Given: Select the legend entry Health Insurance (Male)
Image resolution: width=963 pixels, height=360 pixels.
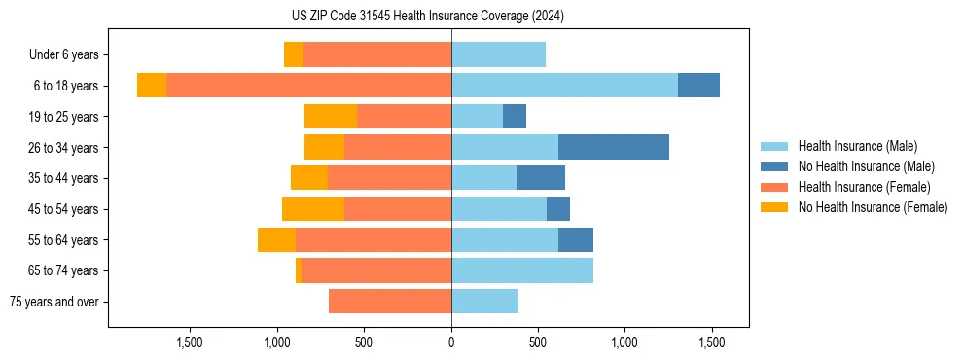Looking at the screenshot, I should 857,146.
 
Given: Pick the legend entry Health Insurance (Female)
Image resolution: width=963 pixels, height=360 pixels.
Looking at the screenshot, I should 864,187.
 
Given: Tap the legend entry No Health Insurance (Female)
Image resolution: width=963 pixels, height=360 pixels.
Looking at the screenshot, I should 873,207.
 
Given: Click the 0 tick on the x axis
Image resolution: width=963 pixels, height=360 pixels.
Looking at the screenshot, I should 451,342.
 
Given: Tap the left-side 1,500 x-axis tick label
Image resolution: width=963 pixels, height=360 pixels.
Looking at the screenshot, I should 190,342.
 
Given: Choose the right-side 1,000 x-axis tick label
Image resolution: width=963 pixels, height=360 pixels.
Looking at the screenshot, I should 624,342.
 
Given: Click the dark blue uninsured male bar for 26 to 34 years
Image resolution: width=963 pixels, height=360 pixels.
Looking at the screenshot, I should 614,147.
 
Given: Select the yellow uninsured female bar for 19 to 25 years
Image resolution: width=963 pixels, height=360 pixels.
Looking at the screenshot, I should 331,117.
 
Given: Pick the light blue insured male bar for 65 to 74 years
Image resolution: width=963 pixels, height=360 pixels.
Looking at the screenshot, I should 522,270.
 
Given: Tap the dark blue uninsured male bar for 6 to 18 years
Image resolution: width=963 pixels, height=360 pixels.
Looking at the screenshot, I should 698,86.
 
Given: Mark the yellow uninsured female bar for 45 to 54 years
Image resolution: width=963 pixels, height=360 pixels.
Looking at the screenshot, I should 313,209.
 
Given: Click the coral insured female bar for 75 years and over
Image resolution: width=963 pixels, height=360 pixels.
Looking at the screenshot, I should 390,302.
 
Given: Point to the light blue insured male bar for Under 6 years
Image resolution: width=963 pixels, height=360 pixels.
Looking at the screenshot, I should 498,54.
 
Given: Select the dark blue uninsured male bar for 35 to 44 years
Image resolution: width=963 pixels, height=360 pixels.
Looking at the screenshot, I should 541,178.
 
